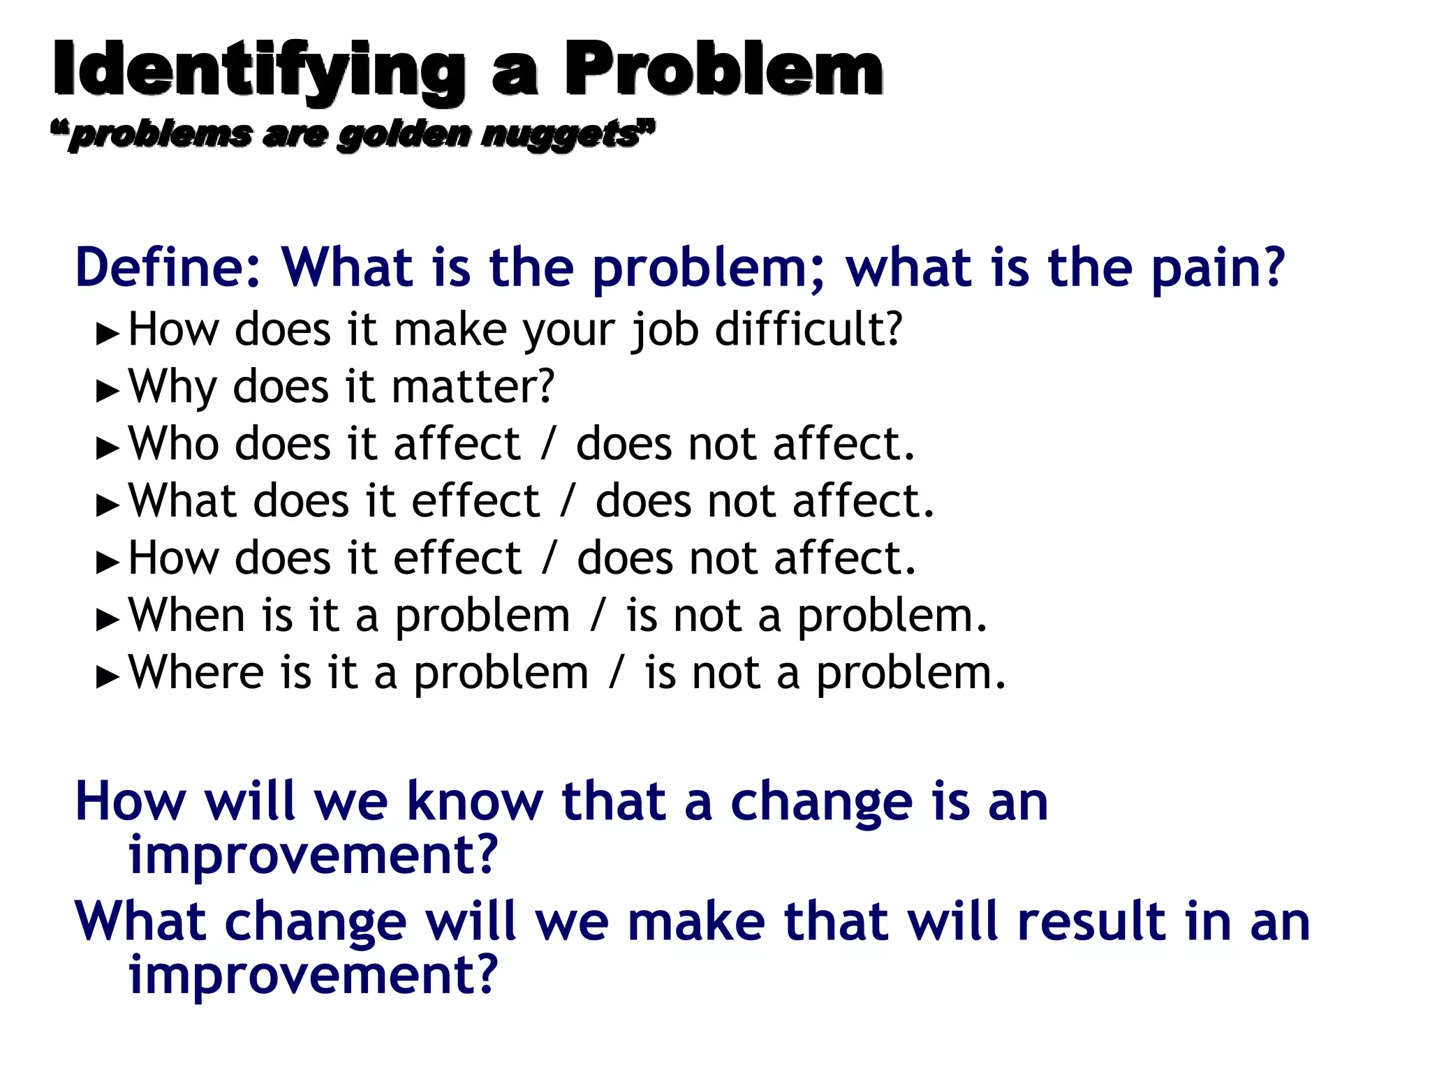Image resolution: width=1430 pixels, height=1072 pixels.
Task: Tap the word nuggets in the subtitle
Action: (562, 133)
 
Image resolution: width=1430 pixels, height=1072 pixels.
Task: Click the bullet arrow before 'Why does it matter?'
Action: (108, 391)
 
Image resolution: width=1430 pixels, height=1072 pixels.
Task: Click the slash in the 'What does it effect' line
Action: (568, 501)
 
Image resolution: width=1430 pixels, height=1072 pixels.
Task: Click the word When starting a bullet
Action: (187, 616)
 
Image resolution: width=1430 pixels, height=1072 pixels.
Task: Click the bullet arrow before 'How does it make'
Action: (108, 334)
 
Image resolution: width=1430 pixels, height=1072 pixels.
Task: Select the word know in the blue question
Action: (474, 802)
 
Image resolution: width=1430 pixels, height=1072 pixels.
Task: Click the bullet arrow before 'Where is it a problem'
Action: (108, 677)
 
